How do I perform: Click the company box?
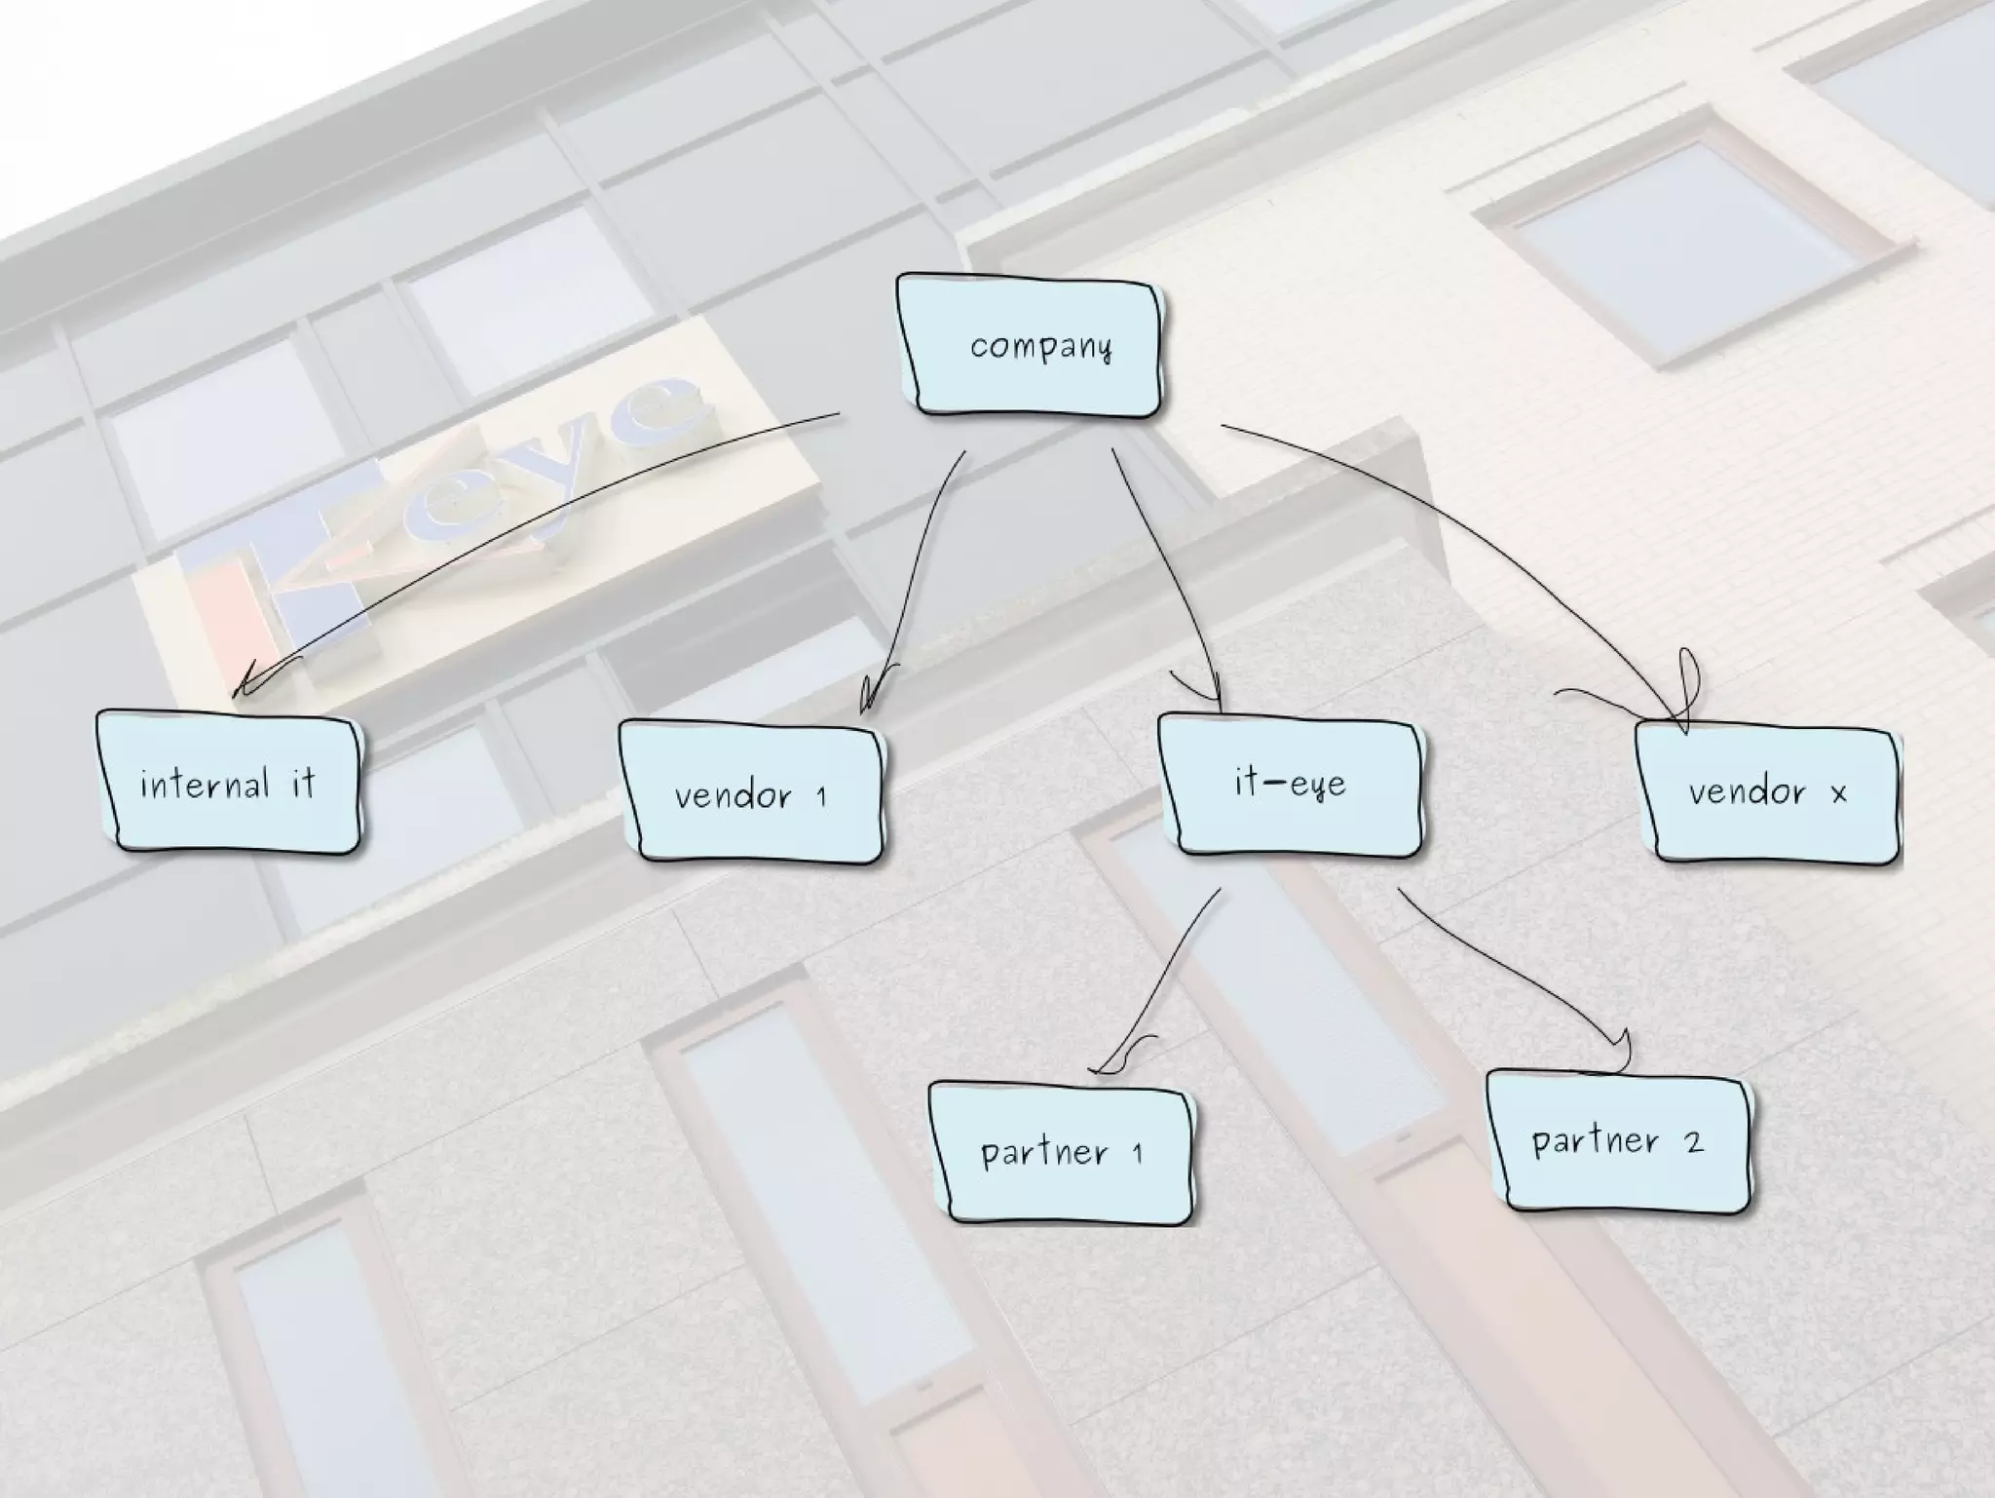click(x=1029, y=346)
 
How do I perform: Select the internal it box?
click(x=228, y=782)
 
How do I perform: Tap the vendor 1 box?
click(x=750, y=791)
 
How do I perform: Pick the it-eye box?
click(x=1290, y=785)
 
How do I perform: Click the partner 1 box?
click(x=1060, y=1153)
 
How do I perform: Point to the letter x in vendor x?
click(x=1838, y=794)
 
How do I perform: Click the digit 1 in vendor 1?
click(x=821, y=797)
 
